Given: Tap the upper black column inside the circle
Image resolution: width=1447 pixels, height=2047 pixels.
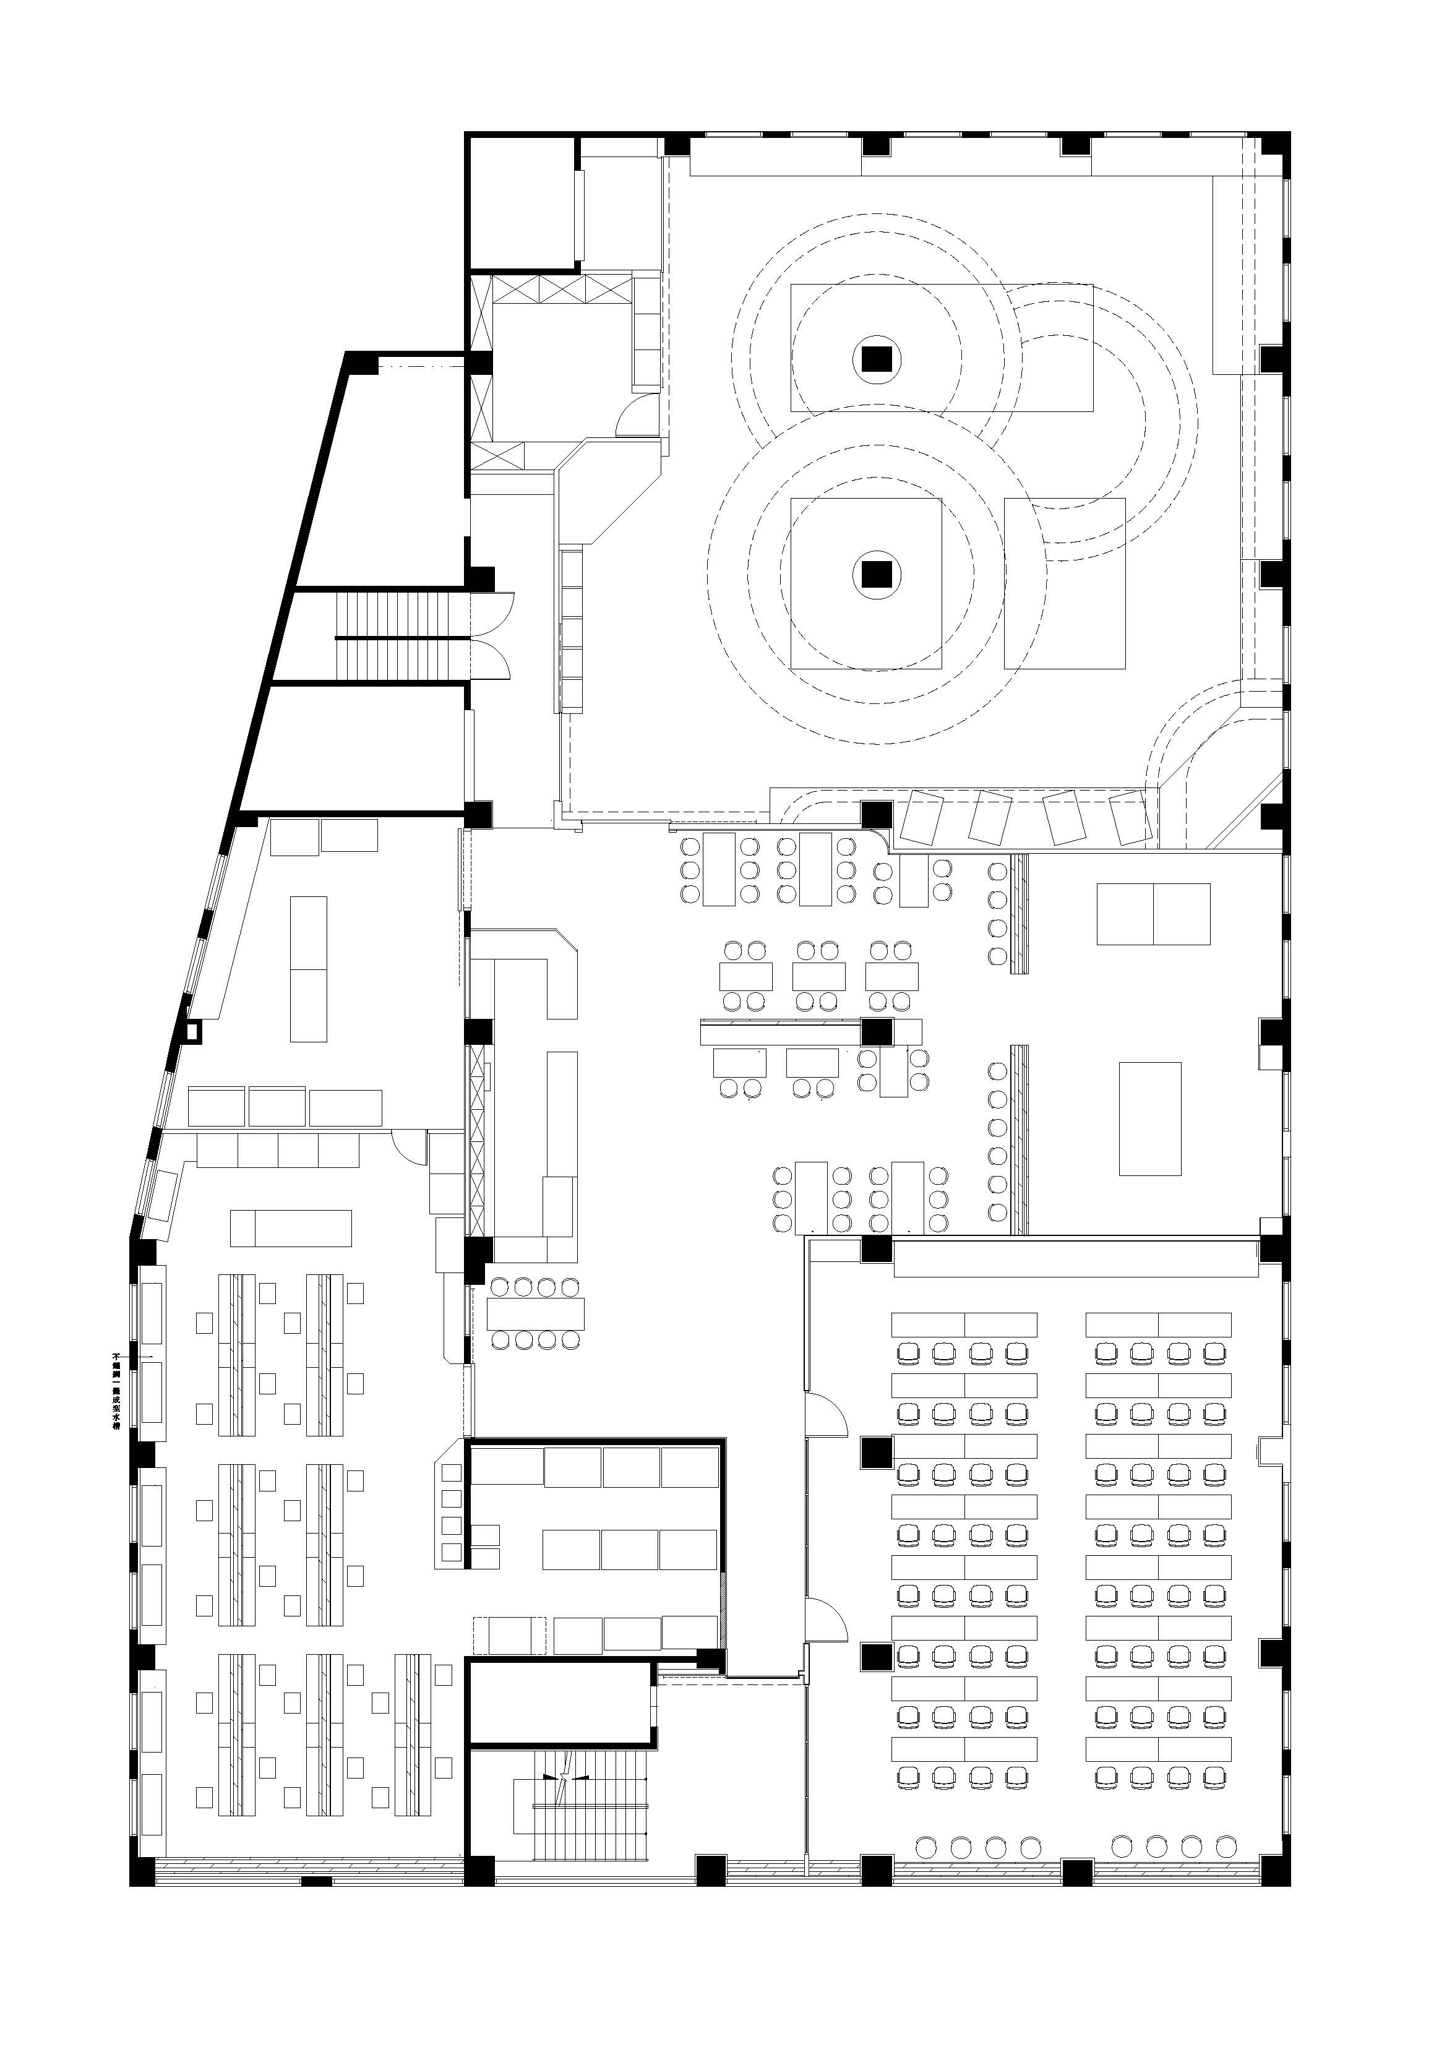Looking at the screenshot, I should coord(877,359).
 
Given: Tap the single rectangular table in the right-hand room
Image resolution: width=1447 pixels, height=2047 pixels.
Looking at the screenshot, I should coord(1150,1119).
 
